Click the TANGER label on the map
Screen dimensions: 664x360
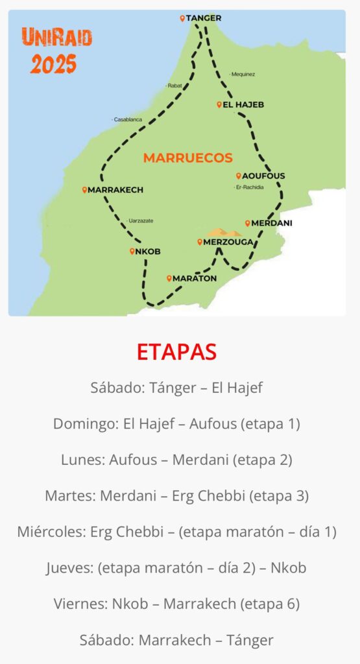pyautogui.click(x=203, y=18)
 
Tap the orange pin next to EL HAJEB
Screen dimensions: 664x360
pyautogui.click(x=219, y=104)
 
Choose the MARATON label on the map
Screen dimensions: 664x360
pyautogui.click(x=195, y=278)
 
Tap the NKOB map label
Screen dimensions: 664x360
pyautogui.click(x=149, y=252)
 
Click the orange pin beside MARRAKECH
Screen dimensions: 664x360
pyautogui.click(x=85, y=190)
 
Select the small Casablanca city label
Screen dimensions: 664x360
pyautogui.click(x=127, y=120)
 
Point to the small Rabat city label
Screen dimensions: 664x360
pyautogui.click(x=174, y=86)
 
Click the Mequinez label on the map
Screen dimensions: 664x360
pyautogui.click(x=242, y=74)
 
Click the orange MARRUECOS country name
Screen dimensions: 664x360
pyautogui.click(x=187, y=158)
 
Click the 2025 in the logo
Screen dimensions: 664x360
pyautogui.click(x=53, y=64)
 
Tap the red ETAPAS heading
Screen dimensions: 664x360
pyautogui.click(x=176, y=351)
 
